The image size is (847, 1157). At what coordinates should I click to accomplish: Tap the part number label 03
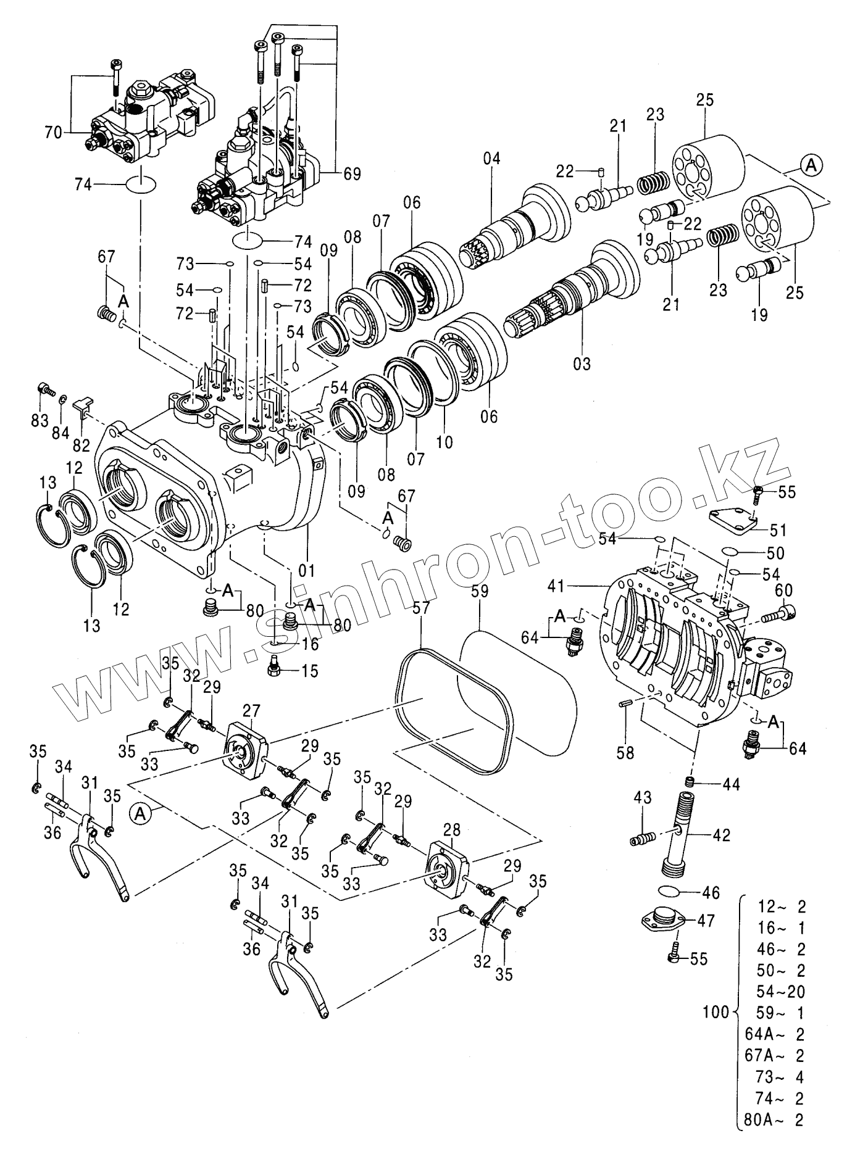point(582,363)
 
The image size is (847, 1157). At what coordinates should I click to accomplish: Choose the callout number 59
point(479,592)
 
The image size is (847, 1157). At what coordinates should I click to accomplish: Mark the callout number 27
point(252,710)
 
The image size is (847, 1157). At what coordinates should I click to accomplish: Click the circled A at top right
point(812,165)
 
